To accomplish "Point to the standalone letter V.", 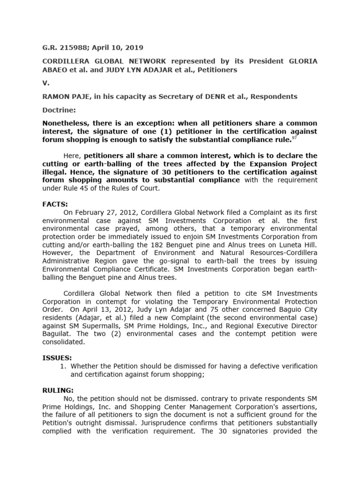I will coord(45,83).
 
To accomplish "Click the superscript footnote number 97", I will coord(293,139).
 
